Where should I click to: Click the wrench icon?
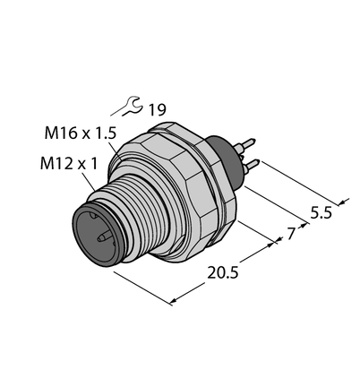[132, 105]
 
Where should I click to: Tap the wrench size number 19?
[157, 110]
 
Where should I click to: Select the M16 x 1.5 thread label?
[80, 133]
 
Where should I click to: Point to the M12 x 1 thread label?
[69, 164]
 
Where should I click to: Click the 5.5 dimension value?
[321, 213]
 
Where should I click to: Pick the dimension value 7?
[292, 234]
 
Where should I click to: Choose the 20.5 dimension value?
[223, 273]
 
